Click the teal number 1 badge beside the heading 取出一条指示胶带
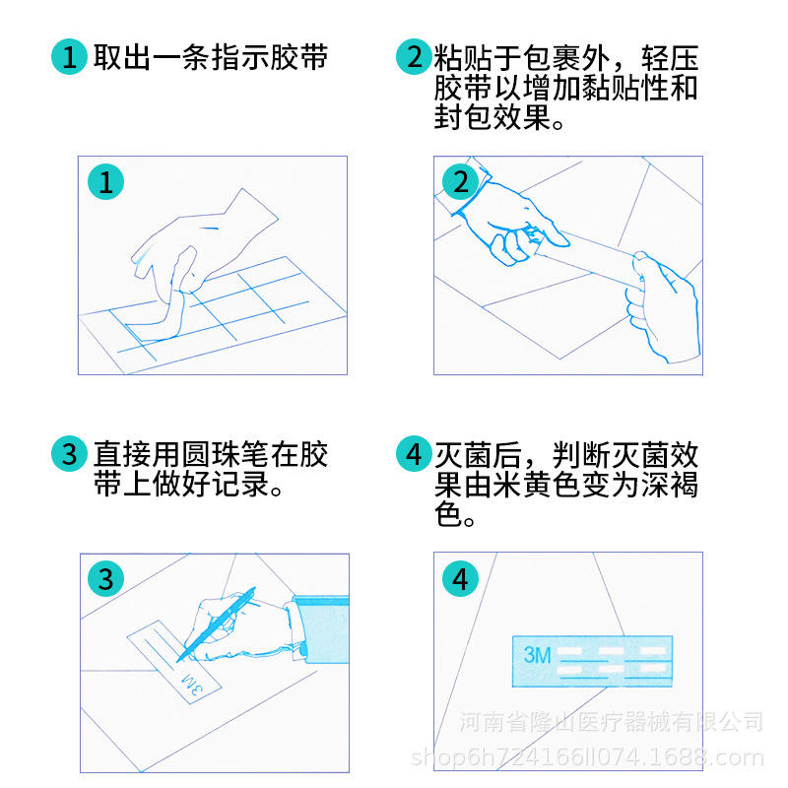[69, 56]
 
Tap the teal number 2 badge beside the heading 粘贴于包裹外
[414, 56]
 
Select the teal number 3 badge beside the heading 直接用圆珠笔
[69, 453]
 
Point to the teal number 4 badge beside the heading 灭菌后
[414, 453]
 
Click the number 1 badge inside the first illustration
[105, 181]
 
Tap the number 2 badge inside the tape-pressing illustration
[460, 181]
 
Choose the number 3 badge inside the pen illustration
[105, 578]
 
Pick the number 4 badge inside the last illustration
[460, 578]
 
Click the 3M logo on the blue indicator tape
[537, 655]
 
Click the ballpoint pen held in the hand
[216, 624]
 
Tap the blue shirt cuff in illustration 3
[321, 629]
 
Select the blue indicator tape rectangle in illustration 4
[592, 661]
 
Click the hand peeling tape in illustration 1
[201, 246]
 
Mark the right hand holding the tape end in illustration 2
[662, 306]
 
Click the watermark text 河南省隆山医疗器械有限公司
[611, 722]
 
